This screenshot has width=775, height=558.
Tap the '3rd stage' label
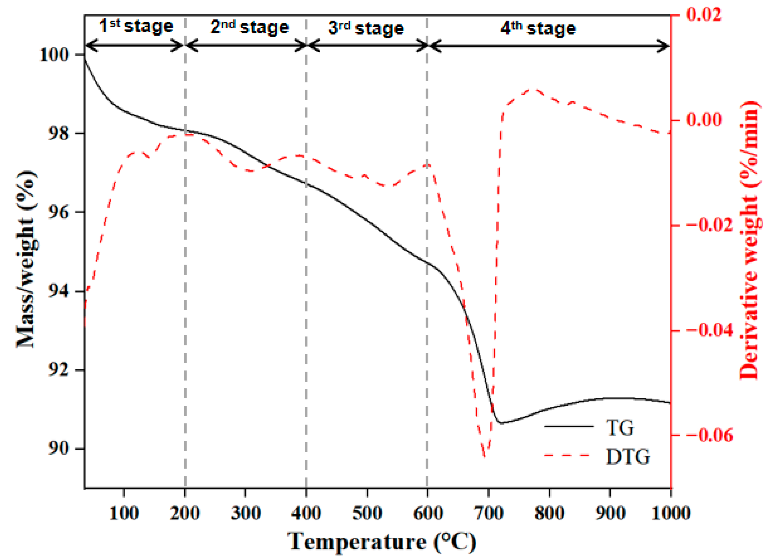click(366, 28)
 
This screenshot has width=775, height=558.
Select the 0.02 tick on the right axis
click(704, 14)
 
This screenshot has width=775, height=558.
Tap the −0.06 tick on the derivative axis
click(709, 435)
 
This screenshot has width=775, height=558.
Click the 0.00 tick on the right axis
click(704, 120)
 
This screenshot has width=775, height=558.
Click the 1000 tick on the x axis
click(671, 513)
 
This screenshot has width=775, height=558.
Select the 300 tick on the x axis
click(245, 513)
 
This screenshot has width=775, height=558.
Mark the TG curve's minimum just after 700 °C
click(501, 423)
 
